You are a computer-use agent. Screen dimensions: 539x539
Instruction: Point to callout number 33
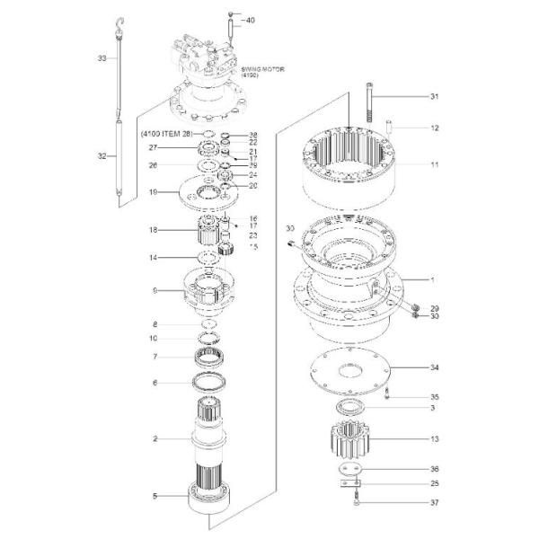pos(102,58)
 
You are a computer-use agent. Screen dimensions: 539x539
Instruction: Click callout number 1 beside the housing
pos(433,280)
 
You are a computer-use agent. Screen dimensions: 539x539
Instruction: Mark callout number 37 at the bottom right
pos(434,502)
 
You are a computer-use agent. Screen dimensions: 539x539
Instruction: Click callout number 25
pos(434,484)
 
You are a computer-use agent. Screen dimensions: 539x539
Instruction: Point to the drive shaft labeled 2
pos(212,431)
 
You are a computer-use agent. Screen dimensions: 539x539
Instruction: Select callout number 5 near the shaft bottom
pos(155,496)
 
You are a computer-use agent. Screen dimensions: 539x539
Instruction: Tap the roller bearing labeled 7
pos(211,356)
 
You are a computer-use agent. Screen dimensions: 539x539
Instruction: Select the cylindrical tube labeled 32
pos(120,157)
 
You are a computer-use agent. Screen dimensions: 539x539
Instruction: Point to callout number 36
pos(434,469)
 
